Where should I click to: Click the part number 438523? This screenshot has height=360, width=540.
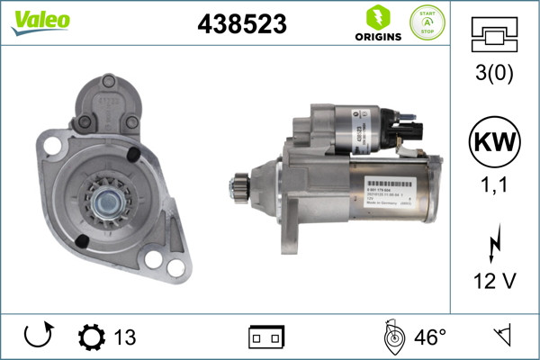241,25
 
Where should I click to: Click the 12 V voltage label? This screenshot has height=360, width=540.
495,283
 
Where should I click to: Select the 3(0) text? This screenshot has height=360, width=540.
495,76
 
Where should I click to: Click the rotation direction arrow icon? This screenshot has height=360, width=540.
38,337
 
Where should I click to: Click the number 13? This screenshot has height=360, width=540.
125,337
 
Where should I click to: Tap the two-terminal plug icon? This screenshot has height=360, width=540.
266,337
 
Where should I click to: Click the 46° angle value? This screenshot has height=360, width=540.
430,337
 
